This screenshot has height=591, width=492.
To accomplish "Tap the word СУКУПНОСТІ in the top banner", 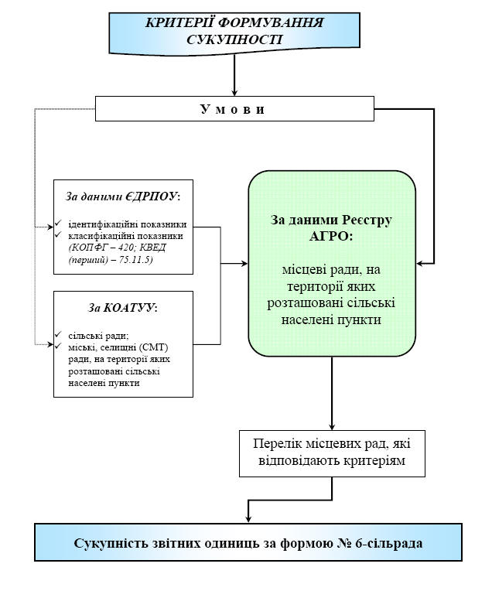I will point(234,39).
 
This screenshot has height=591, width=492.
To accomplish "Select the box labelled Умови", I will point(234,109).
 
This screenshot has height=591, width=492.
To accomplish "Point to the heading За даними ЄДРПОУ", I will point(122,194).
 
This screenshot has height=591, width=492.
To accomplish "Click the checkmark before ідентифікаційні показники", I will point(59,224).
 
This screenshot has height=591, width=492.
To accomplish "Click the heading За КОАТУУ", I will point(122,308).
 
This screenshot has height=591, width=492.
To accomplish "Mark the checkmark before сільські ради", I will point(59,334).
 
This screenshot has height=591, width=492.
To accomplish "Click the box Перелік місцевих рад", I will point(332,453).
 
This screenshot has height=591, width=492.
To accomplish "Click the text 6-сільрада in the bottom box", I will point(390,543).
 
